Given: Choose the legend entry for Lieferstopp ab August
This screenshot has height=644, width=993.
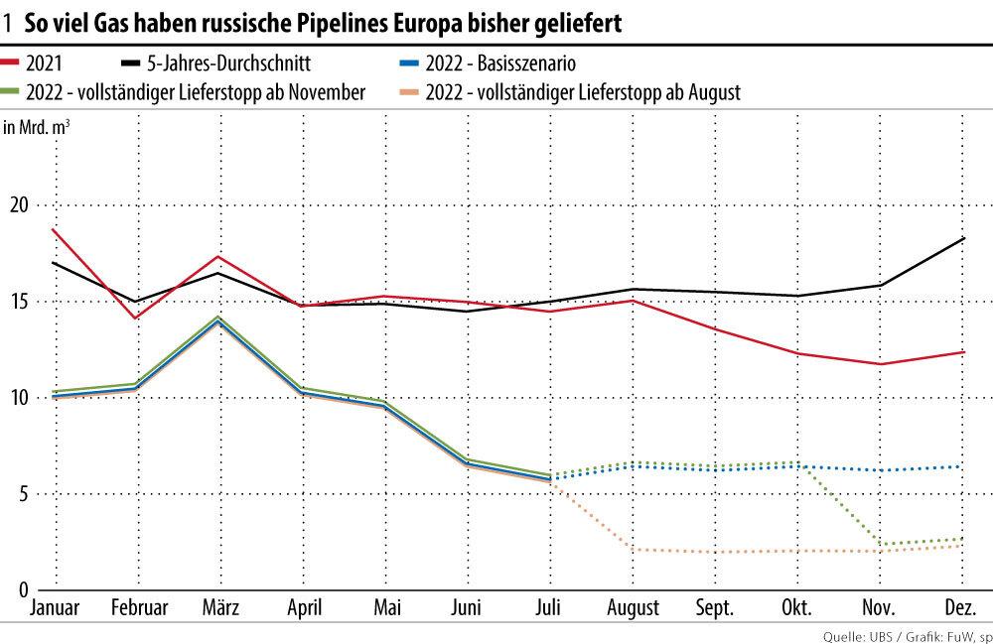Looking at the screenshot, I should pyautogui.click(x=582, y=92).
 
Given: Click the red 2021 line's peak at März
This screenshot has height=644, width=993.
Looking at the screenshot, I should pyautogui.click(x=217, y=256).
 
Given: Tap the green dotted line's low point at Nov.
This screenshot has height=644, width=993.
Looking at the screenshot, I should pyautogui.click(x=880, y=544).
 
